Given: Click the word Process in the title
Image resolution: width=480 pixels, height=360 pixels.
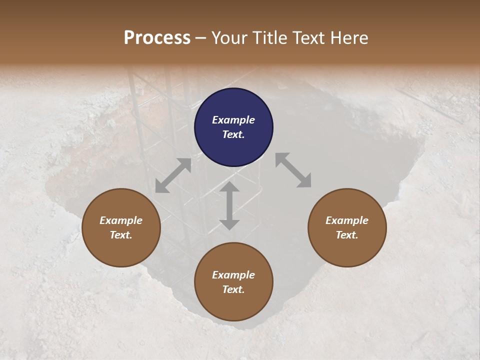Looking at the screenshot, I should pyautogui.click(x=157, y=38).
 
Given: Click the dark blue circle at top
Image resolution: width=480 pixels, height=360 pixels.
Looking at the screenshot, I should pyautogui.click(x=233, y=127).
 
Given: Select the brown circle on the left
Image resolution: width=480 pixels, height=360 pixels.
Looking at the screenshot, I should pyautogui.click(x=121, y=227).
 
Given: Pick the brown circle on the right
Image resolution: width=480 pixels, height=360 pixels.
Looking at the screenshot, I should pyautogui.click(x=347, y=227).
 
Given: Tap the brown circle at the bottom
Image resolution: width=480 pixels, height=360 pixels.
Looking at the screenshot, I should pyautogui.click(x=233, y=282).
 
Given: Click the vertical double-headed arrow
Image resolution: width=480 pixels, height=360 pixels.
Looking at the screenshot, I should pyautogui.click(x=229, y=205).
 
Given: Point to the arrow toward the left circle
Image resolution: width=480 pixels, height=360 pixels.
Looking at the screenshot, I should pyautogui.click(x=173, y=175).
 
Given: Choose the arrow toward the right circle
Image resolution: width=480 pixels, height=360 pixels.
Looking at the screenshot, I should pyautogui.click(x=293, y=170).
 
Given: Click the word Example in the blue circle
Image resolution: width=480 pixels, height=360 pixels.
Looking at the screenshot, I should pyautogui.click(x=233, y=120).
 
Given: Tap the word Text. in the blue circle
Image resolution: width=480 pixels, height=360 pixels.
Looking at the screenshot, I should pyautogui.click(x=233, y=134).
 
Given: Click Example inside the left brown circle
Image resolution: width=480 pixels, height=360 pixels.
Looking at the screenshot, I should pyautogui.click(x=121, y=220).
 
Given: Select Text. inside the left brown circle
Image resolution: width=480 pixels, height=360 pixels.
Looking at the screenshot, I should pyautogui.click(x=121, y=235).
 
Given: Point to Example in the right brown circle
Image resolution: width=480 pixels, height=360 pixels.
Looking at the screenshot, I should pyautogui.click(x=347, y=220).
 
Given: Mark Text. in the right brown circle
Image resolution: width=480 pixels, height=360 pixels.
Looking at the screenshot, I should pyautogui.click(x=347, y=235).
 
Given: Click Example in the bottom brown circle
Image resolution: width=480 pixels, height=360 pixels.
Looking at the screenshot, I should pyautogui.click(x=233, y=275).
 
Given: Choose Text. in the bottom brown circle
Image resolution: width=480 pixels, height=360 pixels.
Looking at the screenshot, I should pyautogui.click(x=233, y=289).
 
